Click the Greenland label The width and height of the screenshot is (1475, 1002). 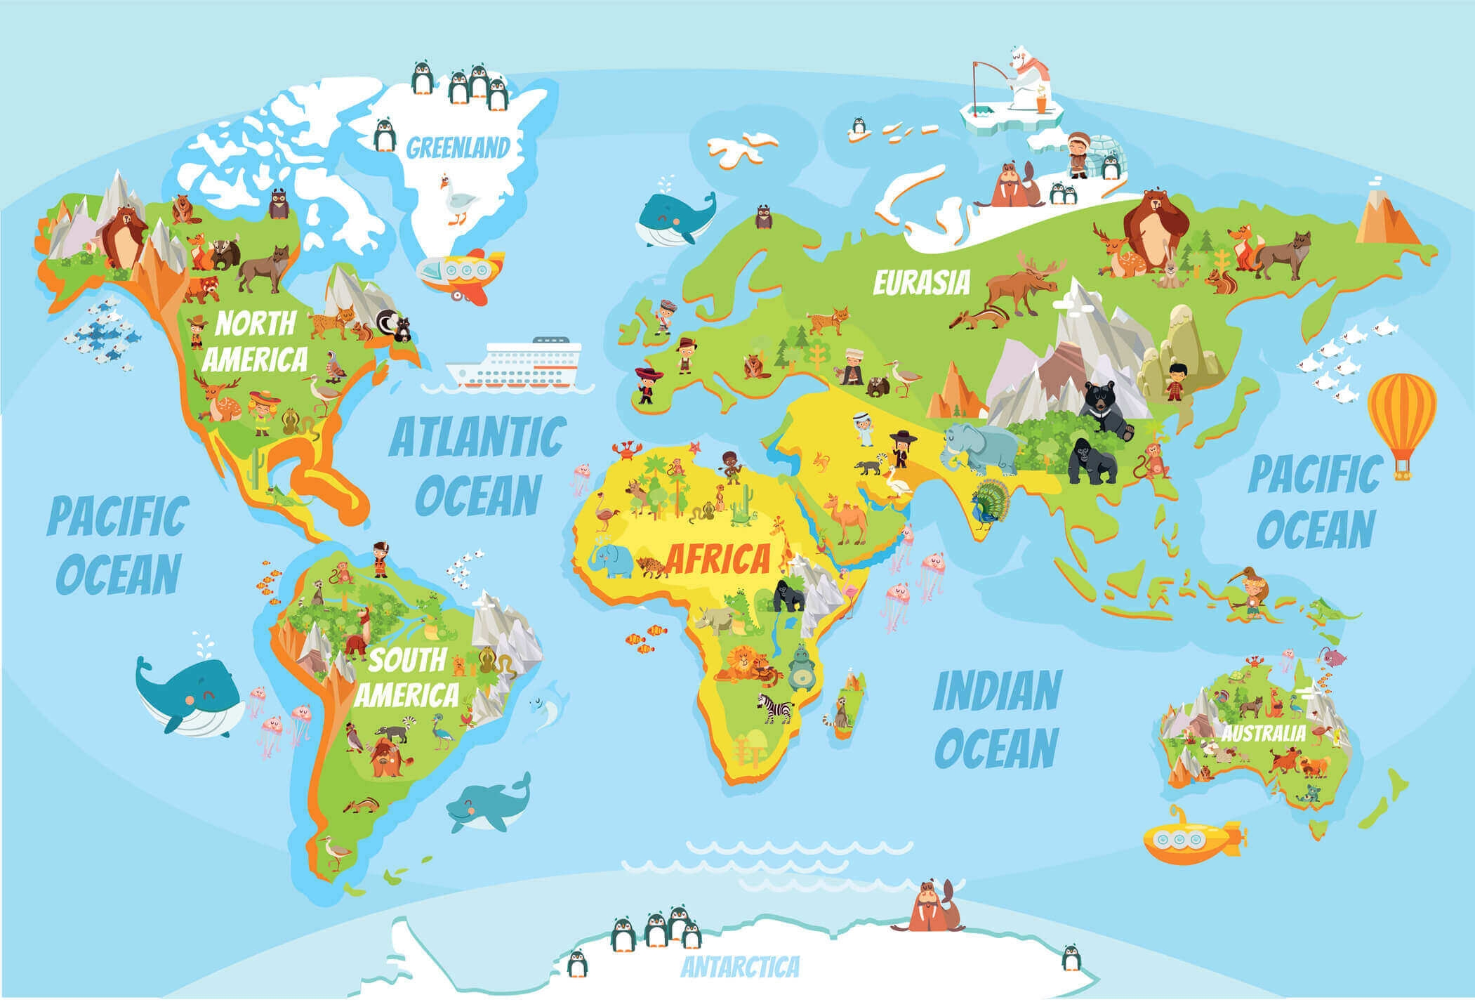point(458,148)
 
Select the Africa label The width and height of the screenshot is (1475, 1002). point(717,560)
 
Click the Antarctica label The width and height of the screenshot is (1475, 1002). point(740,966)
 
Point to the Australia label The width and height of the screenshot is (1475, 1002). point(1264,734)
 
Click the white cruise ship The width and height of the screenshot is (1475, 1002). point(520,365)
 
